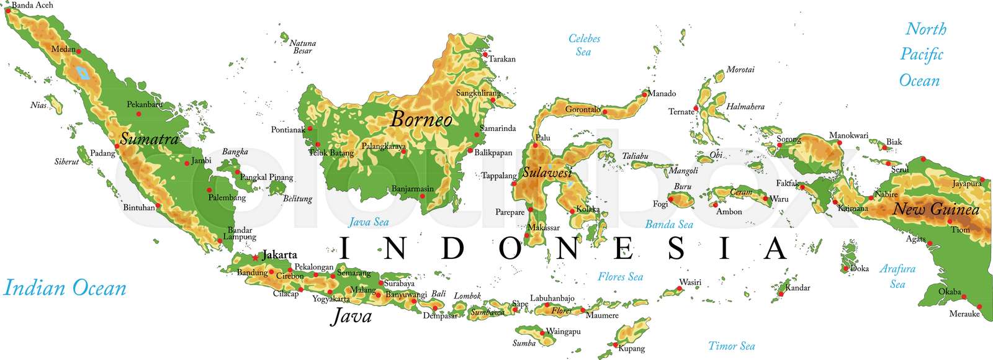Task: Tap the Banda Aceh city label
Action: click(32, 5)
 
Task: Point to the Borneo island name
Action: click(421, 119)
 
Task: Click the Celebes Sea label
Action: click(584, 45)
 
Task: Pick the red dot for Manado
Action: click(646, 93)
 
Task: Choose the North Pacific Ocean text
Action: click(922, 55)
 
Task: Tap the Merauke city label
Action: click(964, 313)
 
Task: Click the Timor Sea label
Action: click(732, 346)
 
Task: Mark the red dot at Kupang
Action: click(615, 345)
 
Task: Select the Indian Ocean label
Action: click(65, 288)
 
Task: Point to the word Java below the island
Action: click(352, 316)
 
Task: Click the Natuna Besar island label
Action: click(303, 47)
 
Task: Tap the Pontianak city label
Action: click(288, 130)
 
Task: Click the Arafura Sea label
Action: click(897, 276)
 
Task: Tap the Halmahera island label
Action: click(745, 107)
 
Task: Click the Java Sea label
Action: click(369, 222)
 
